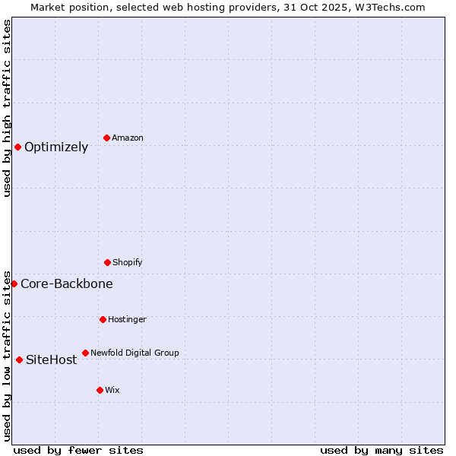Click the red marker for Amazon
[x=107, y=138]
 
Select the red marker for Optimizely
[x=17, y=147]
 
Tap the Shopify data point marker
[x=107, y=262]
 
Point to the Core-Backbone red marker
[x=14, y=283]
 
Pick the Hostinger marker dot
[x=103, y=319]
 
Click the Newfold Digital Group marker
[x=85, y=353]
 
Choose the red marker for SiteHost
[x=19, y=359]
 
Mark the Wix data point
[x=100, y=390]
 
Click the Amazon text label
[x=128, y=138]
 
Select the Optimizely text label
[x=56, y=147]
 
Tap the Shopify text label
[x=128, y=262]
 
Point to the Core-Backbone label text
[x=67, y=283]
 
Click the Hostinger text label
[x=127, y=319]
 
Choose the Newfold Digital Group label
[x=135, y=353]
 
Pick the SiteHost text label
[x=52, y=359]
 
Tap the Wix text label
[x=112, y=390]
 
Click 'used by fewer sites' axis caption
[x=78, y=450]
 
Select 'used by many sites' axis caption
[x=382, y=450]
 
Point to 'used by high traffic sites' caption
[x=7, y=108]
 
